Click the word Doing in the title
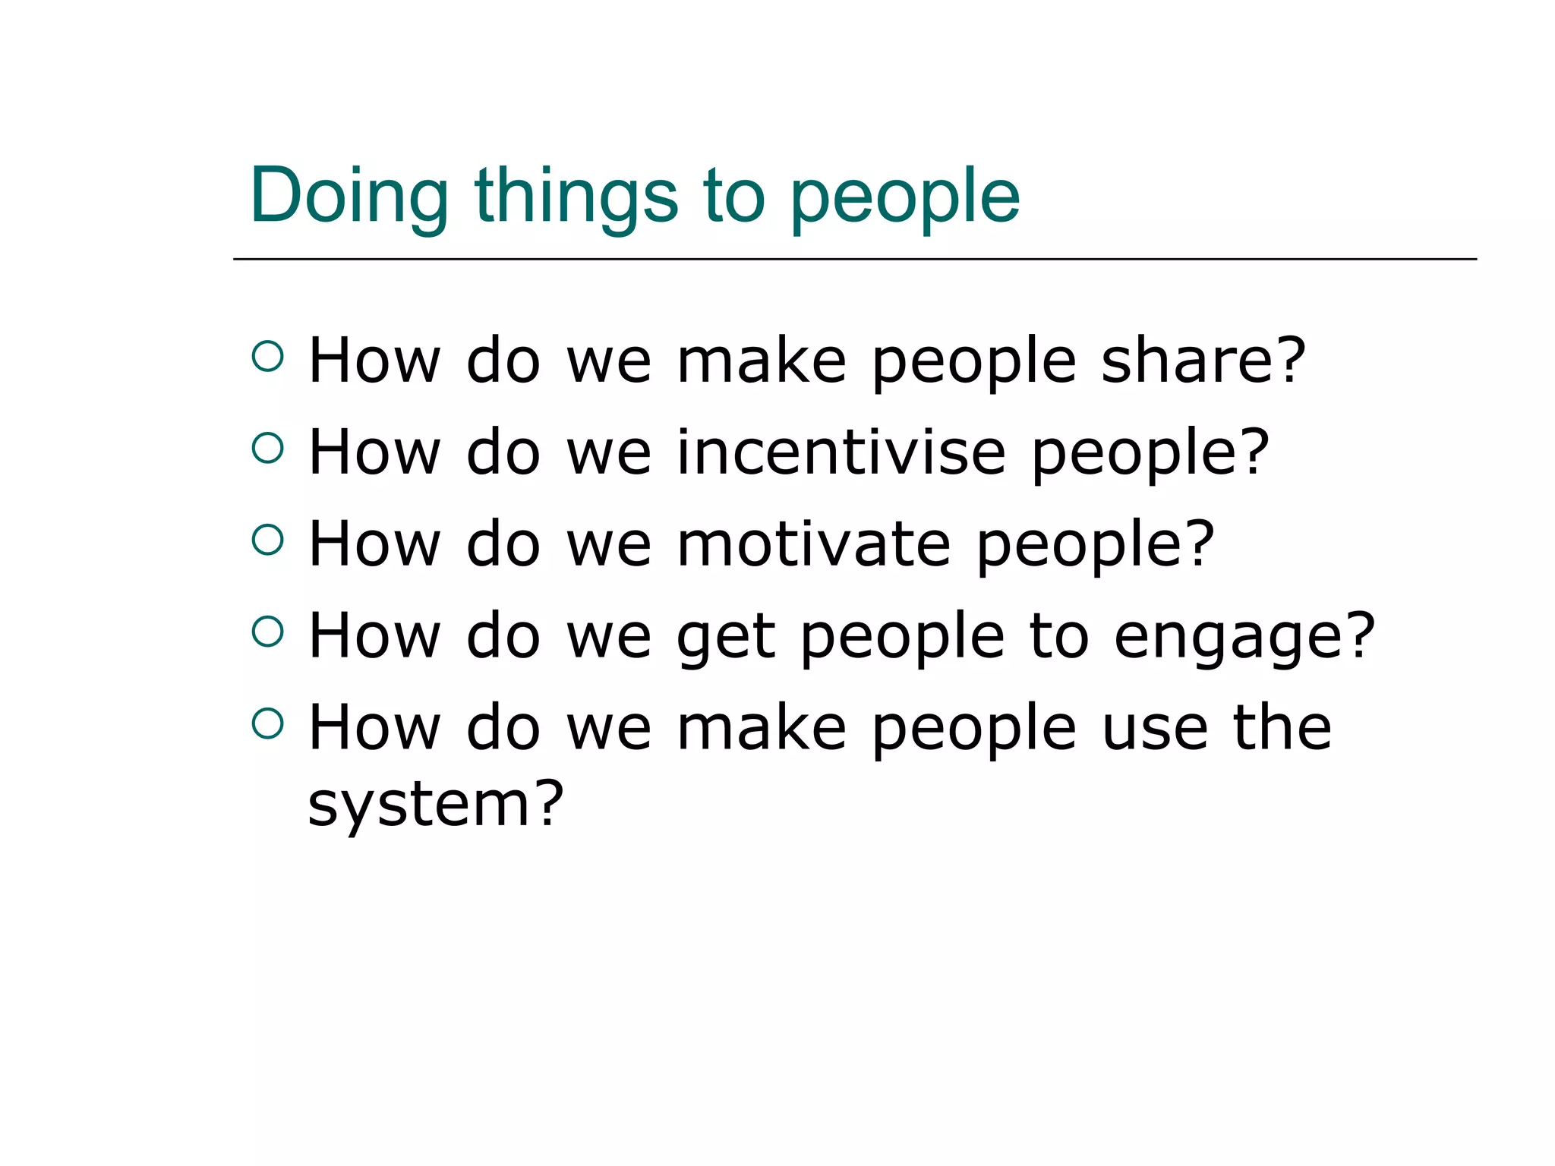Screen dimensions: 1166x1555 click(349, 196)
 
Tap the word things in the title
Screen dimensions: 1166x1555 click(576, 196)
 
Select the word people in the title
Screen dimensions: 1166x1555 click(904, 199)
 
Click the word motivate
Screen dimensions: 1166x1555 click(813, 544)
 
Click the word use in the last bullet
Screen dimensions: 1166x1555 click(1154, 727)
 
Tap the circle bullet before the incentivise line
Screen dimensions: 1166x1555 click(267, 447)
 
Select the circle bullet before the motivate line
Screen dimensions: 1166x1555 click(267, 539)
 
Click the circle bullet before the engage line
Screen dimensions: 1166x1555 click(267, 631)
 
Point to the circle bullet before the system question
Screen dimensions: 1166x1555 click(267, 723)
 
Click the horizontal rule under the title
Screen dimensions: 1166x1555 click(854, 259)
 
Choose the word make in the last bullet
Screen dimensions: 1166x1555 click(761, 727)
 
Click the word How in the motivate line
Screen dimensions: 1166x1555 click(374, 544)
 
